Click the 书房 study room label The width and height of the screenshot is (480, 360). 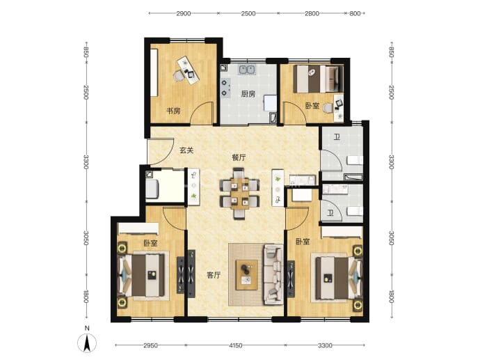point(173,111)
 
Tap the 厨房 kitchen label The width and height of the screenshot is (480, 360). point(248,94)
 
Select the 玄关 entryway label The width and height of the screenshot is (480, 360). point(186,150)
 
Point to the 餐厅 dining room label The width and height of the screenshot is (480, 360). point(239,158)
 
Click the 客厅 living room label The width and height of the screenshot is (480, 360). point(214,275)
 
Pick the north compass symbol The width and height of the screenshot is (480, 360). point(87,340)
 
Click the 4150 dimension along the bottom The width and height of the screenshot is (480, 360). point(236,345)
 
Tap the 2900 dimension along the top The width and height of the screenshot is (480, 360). point(184,13)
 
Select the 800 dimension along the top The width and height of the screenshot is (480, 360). point(355,13)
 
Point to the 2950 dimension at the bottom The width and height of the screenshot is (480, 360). point(151,345)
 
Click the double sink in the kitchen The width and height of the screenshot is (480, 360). point(248,70)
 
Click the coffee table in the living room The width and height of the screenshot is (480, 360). point(247,275)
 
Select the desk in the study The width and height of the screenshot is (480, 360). point(189,70)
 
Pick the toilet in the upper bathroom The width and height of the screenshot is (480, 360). point(355,160)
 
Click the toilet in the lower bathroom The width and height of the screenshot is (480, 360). point(355,211)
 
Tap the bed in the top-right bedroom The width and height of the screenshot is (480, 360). point(318,79)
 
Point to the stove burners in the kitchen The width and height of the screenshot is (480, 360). point(225,87)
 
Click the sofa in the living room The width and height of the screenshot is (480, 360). point(273,274)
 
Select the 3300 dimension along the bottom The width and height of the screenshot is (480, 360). point(325,345)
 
